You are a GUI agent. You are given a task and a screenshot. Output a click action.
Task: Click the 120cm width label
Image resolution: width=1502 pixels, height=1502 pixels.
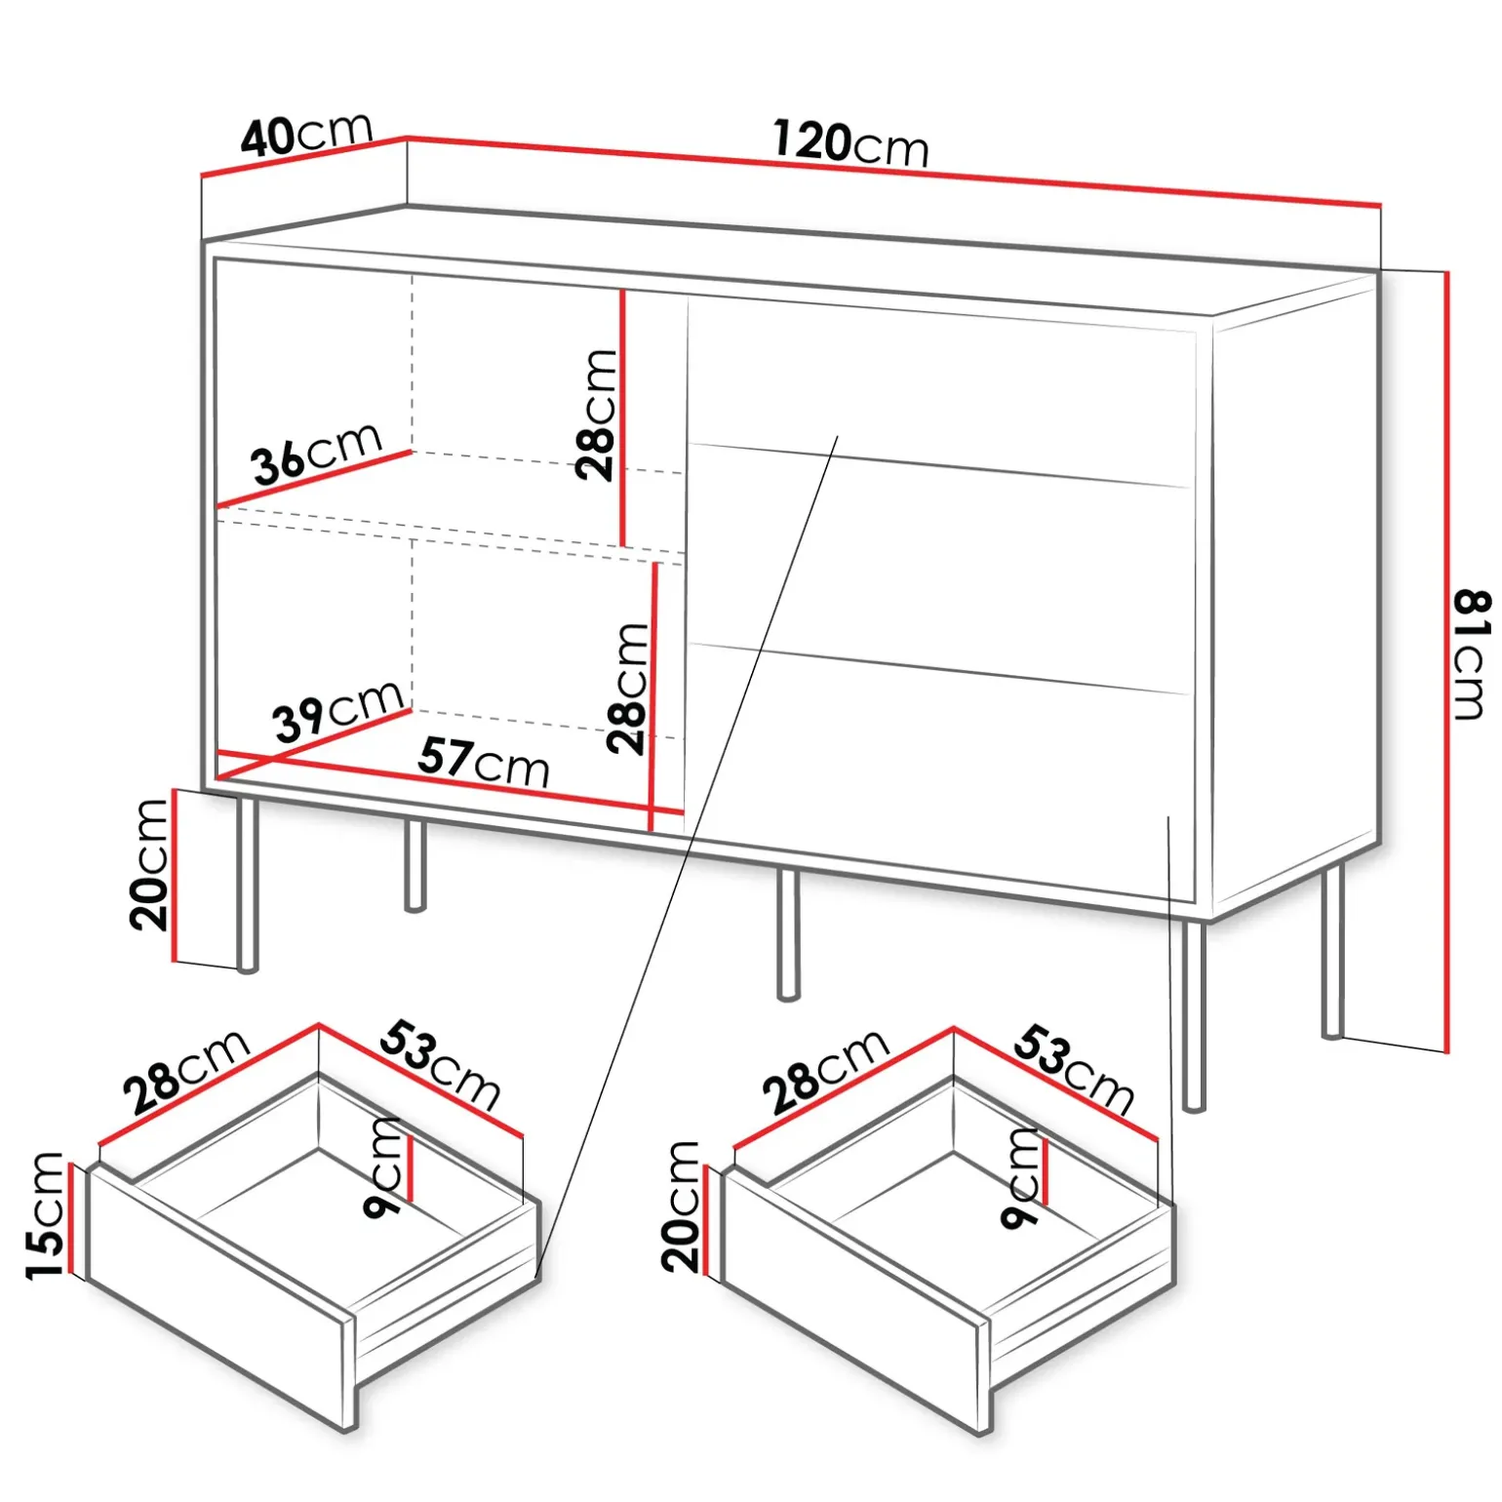[x=850, y=143]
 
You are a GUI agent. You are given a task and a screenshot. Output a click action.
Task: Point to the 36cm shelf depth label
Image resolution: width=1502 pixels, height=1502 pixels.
[x=316, y=454]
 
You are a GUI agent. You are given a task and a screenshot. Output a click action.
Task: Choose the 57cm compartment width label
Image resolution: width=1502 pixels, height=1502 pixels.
[x=484, y=762]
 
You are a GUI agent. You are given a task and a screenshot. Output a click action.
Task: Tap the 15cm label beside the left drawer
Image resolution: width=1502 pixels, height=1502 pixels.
[x=45, y=1215]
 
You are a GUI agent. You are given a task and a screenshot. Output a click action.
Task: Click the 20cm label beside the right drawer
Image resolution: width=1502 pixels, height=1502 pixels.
[x=681, y=1206]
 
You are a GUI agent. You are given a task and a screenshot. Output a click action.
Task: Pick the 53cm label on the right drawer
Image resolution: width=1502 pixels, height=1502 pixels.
[x=1074, y=1069]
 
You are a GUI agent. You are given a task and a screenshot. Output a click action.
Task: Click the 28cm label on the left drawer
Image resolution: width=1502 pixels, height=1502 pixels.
[x=187, y=1072]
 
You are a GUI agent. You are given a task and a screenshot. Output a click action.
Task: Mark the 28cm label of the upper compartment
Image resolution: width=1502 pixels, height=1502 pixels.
[x=596, y=415]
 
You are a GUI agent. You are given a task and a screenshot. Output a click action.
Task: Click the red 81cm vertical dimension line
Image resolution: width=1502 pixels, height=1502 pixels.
[x=1446, y=662]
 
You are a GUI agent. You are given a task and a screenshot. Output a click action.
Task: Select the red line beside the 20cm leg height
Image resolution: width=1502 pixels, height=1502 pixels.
[x=173, y=875]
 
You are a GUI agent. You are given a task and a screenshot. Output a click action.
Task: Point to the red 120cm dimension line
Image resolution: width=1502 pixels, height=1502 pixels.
[x=893, y=171]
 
